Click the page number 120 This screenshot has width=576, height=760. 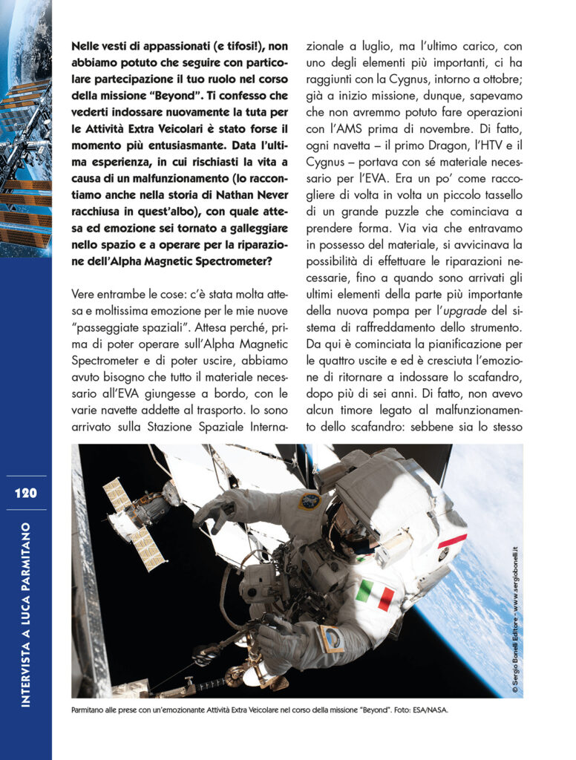pos(25,493)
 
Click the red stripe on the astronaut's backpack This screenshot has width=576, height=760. pos(451,540)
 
